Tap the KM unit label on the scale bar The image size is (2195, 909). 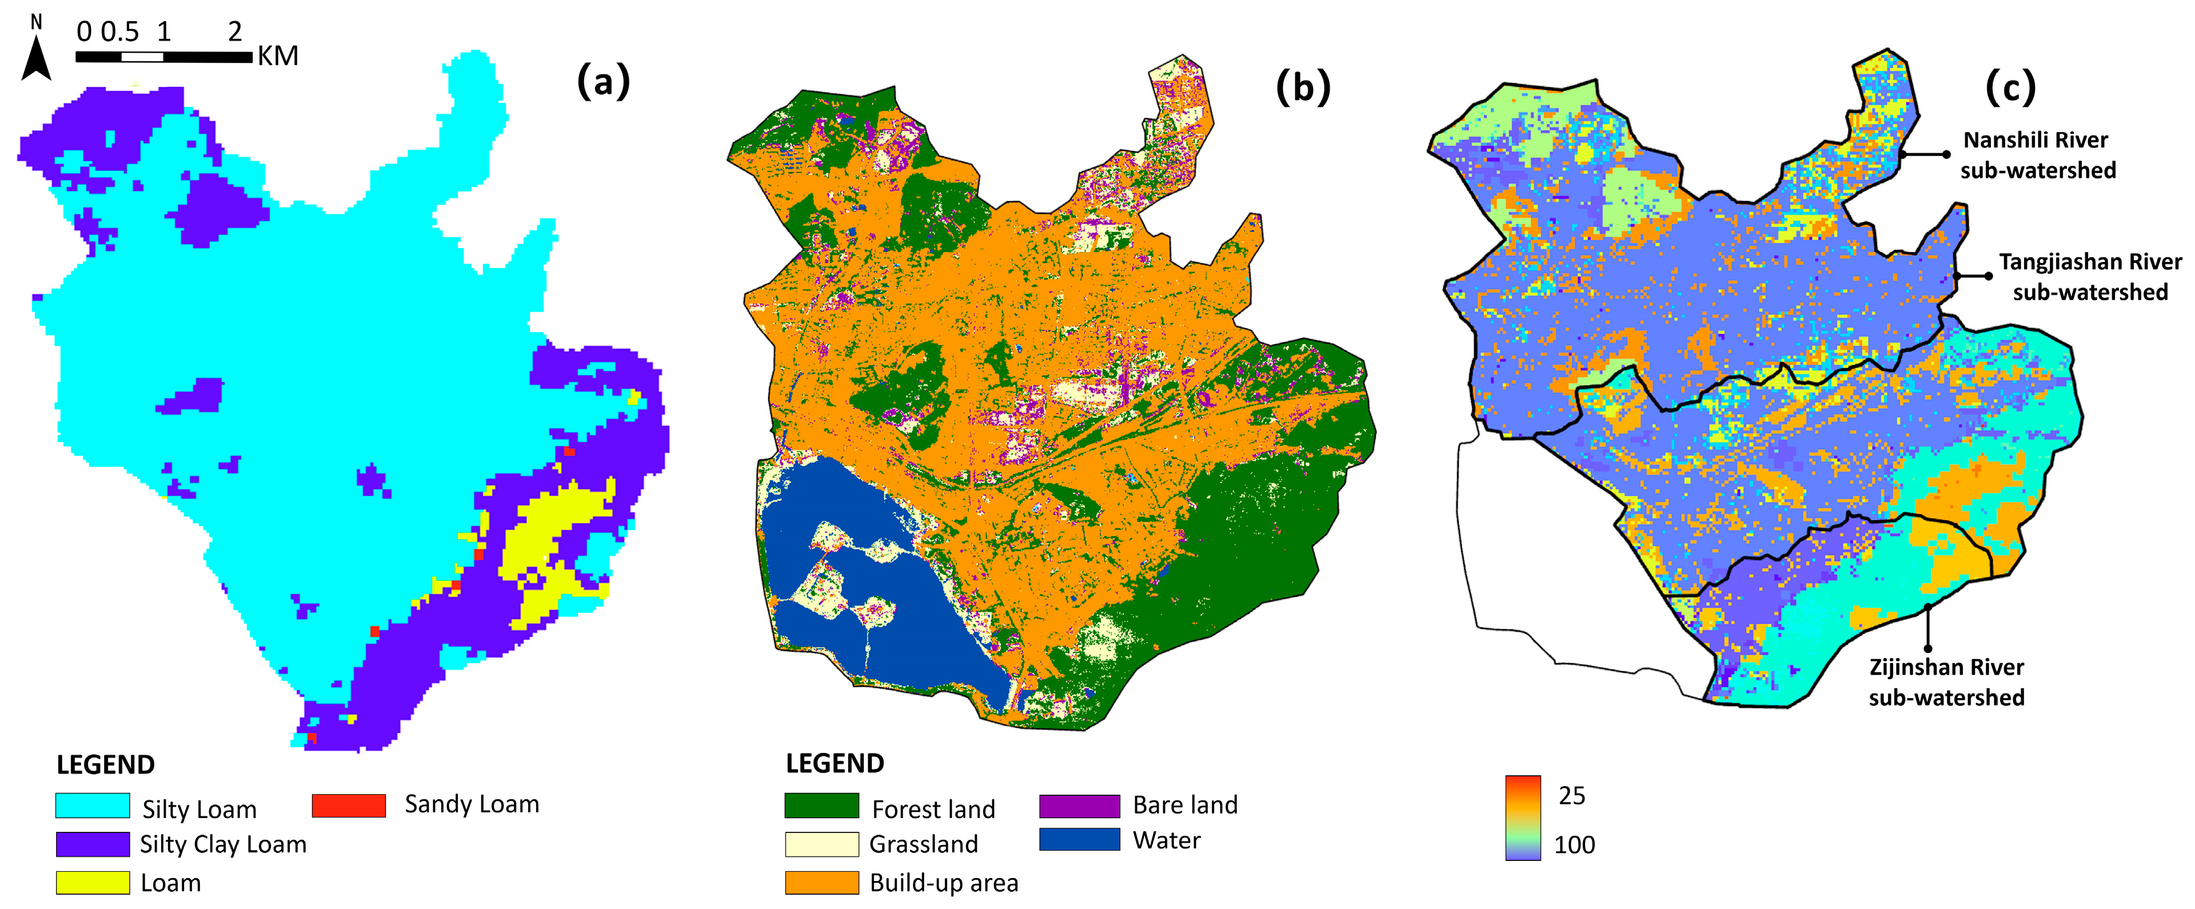[278, 56]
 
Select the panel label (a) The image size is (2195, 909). [603, 83]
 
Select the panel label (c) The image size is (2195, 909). [2011, 87]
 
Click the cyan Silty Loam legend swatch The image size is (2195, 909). [93, 805]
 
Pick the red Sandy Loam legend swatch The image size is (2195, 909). [349, 805]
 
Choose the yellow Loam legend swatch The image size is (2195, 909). [93, 882]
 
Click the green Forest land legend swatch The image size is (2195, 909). [821, 805]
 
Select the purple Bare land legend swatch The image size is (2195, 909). [1079, 805]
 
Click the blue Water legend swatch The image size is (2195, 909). [1079, 839]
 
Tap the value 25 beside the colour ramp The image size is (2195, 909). [1571, 796]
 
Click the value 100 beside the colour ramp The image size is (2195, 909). [1574, 845]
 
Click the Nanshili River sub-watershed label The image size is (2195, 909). [2037, 155]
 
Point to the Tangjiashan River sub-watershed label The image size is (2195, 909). [2090, 277]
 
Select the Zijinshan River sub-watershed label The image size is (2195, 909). [1946, 683]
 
